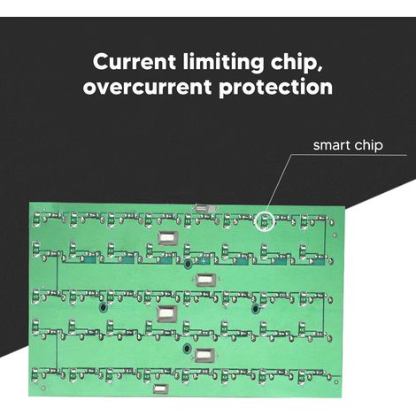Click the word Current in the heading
135,61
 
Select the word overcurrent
147,87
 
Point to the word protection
275,88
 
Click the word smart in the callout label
327,145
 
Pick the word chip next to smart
365,145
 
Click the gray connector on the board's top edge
205,208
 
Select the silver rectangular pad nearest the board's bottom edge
161,389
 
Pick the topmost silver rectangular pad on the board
168,237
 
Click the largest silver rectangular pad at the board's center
166,314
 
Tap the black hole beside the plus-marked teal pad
187,264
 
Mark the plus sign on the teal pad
204,261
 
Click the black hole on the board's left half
103,308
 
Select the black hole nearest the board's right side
255,309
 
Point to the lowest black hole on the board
187,349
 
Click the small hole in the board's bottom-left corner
44,388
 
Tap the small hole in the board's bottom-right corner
336,382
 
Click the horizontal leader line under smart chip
350,155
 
